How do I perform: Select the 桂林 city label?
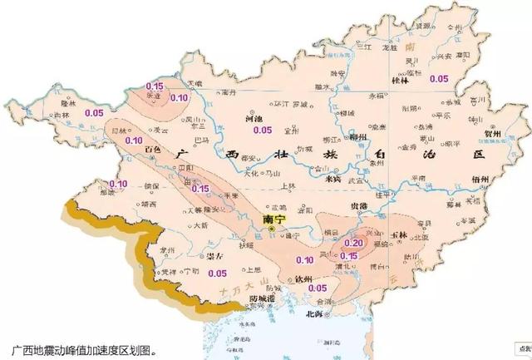402,81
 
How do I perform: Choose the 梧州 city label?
477,179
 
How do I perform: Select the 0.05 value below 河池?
263,130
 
